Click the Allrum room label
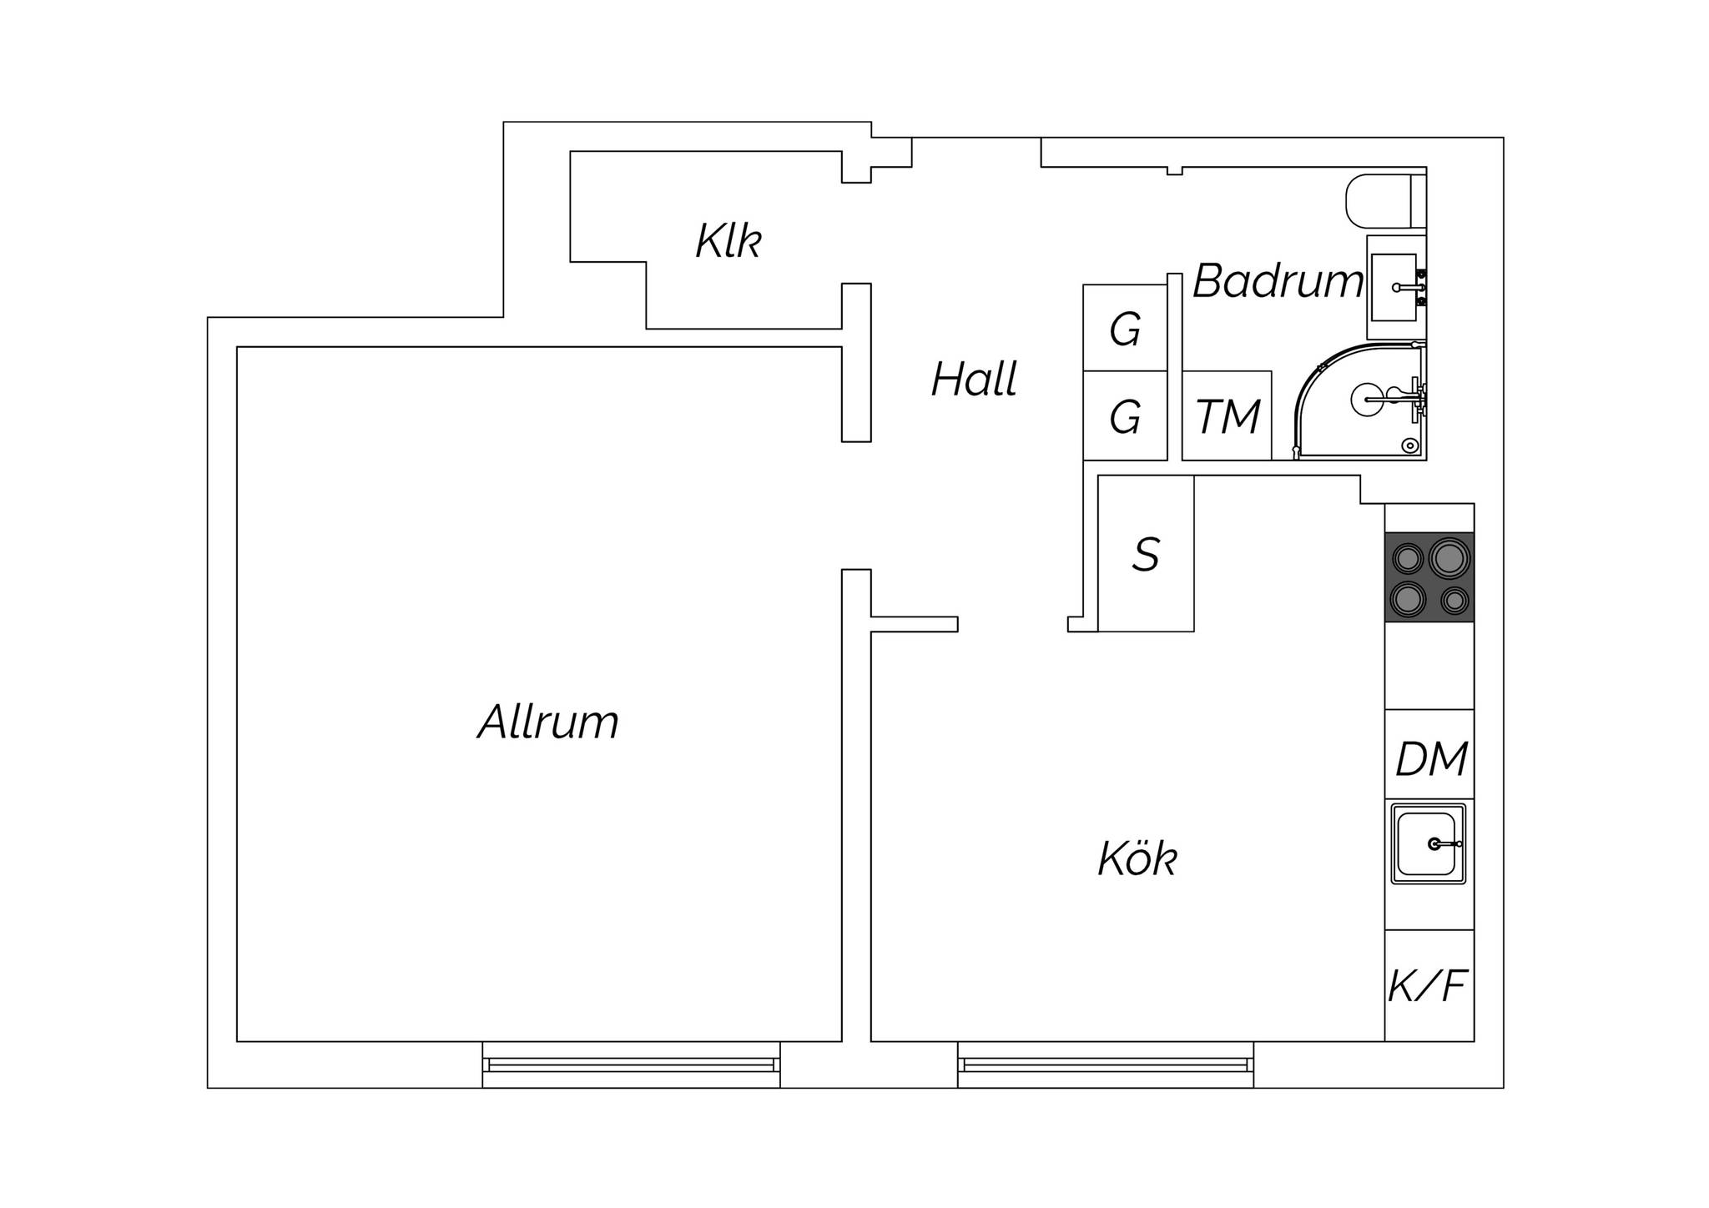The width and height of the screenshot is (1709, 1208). pyautogui.click(x=548, y=722)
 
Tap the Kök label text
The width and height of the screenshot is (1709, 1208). pyautogui.click(x=1137, y=858)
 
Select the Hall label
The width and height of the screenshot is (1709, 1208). pyautogui.click(x=974, y=380)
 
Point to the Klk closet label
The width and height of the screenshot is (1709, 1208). pyautogui.click(x=728, y=241)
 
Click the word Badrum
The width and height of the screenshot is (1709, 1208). pyautogui.click(x=1278, y=280)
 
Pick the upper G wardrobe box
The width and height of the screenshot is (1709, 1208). pyautogui.click(x=1125, y=328)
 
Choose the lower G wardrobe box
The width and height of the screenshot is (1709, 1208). pyautogui.click(x=1125, y=415)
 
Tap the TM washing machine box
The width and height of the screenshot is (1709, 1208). pyautogui.click(x=1227, y=415)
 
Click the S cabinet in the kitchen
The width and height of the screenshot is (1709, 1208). pyautogui.click(x=1146, y=553)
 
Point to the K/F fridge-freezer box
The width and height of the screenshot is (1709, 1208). pyautogui.click(x=1429, y=985)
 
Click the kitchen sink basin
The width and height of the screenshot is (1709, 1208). pyautogui.click(x=1428, y=843)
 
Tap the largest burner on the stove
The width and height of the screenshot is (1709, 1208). pyautogui.click(x=1449, y=556)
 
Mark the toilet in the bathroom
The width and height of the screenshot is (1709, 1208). pyautogui.click(x=1386, y=201)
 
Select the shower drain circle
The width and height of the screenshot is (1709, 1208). pyautogui.click(x=1410, y=445)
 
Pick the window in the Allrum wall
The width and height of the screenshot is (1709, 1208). pyautogui.click(x=631, y=1065)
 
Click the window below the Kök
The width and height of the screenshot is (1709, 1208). pyautogui.click(x=1106, y=1065)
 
